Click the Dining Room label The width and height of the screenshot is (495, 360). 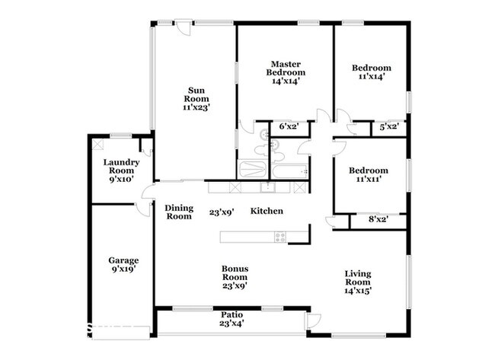tap(179, 212)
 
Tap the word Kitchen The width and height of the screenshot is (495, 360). tap(267, 211)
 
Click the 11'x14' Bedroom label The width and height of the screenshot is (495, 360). tap(370, 72)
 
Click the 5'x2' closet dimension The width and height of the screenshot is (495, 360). tap(388, 127)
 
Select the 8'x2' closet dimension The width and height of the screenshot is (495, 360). tap(376, 220)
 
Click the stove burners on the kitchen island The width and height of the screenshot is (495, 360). tap(279, 237)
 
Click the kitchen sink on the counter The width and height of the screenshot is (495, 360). tap(267, 186)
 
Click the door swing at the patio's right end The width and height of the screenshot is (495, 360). tap(313, 321)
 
